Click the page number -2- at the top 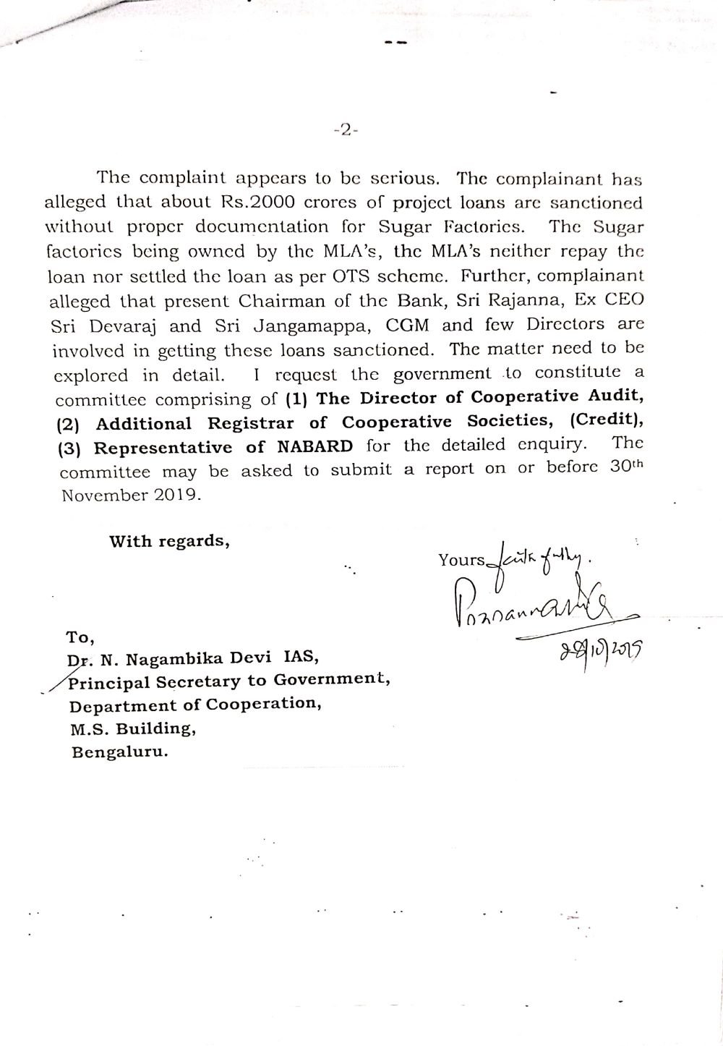[x=346, y=131]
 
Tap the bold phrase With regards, [x=169, y=541]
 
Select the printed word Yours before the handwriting [x=461, y=559]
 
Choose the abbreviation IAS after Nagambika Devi [x=296, y=658]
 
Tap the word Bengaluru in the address [x=119, y=752]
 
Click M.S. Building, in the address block [x=132, y=728]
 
